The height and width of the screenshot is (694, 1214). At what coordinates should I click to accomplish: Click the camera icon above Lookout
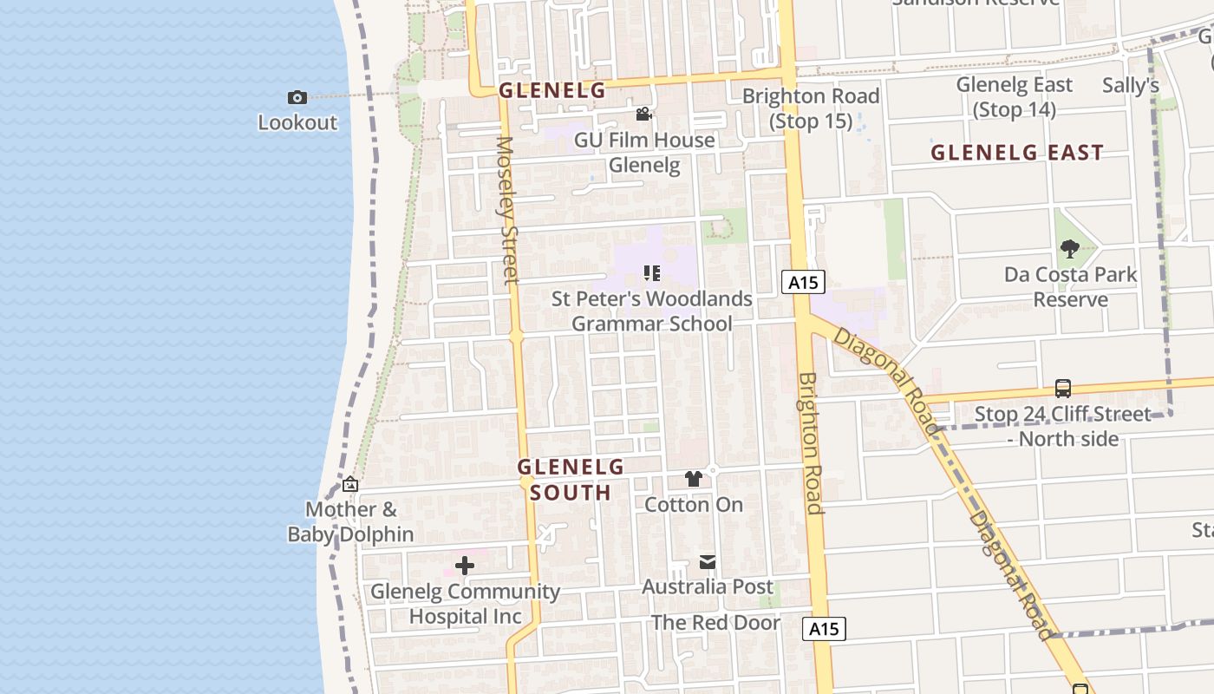[x=297, y=97]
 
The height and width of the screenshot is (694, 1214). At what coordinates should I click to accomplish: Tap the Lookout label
[x=297, y=122]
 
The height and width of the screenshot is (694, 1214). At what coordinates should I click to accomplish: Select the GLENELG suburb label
[x=552, y=90]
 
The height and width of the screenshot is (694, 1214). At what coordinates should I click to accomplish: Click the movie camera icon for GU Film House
[x=643, y=115]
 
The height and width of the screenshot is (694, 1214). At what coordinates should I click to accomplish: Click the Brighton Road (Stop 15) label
[x=811, y=108]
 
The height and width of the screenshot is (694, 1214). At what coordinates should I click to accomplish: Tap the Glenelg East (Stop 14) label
[x=1014, y=97]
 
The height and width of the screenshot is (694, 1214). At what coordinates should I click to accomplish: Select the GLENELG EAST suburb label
[x=1017, y=153]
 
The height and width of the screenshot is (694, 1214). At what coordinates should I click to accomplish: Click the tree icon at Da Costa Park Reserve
[x=1070, y=249]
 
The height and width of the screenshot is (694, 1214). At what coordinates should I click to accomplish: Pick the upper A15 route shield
[x=802, y=282]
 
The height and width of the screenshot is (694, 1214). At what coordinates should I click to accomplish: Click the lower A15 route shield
[x=823, y=629]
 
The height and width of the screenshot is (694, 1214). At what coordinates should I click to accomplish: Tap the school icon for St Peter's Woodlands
[x=652, y=274]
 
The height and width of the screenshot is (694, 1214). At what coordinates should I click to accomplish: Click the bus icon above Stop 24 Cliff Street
[x=1063, y=389]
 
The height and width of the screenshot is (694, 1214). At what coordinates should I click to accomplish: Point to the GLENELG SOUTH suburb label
[x=571, y=480]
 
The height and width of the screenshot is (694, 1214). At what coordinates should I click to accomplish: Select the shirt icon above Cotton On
[x=693, y=478]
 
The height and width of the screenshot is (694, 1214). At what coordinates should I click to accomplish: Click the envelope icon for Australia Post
[x=708, y=562]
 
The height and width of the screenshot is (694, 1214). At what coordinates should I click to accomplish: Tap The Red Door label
[x=715, y=623]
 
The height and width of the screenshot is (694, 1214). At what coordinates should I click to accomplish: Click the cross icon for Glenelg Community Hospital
[x=465, y=566]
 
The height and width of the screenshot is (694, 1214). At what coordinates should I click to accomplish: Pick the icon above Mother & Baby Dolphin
[x=350, y=484]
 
